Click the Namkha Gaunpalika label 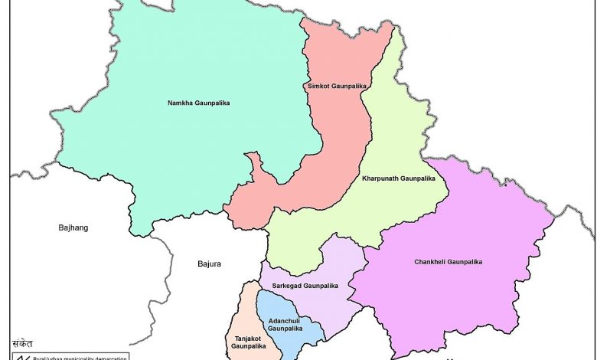[x=198, y=103]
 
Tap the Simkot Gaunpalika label [x=337, y=86]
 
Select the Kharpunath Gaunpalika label [x=398, y=178]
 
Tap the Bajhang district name [x=74, y=227]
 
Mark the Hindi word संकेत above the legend [x=22, y=344]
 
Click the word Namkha [x=182, y=103]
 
